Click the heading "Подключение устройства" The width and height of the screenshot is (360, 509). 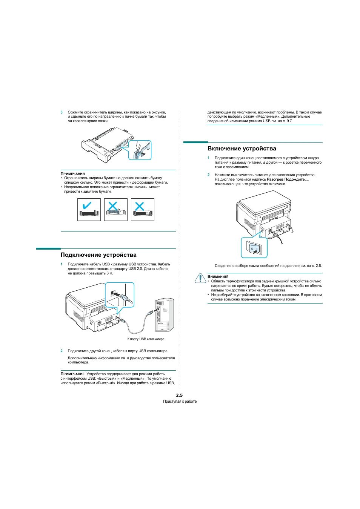[98, 255]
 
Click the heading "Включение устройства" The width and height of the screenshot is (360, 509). [242, 149]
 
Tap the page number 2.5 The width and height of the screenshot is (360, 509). [179, 395]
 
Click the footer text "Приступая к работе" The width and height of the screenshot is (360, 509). [180, 402]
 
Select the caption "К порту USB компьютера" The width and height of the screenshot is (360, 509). [146, 339]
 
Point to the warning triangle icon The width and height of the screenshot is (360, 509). [200, 278]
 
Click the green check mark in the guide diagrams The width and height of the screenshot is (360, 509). [86, 205]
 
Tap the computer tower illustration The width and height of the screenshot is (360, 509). [164, 315]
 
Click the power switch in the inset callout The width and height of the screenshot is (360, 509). [255, 248]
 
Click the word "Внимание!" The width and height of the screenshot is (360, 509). [218, 277]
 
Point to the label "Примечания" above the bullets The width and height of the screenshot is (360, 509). [73, 174]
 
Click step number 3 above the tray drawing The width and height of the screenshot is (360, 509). [62, 112]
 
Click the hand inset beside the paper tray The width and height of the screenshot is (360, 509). [140, 150]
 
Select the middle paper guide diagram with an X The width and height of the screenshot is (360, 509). [115, 210]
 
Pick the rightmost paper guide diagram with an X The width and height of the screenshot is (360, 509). [142, 210]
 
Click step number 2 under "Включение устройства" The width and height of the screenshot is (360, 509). [208, 175]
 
